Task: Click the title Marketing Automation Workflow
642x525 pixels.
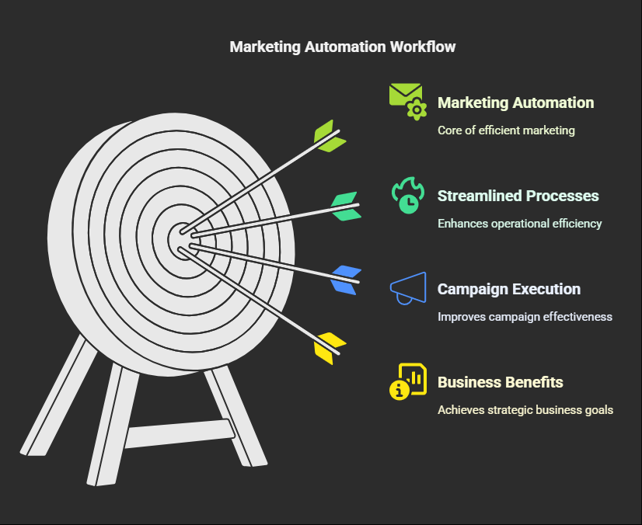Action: pos(342,47)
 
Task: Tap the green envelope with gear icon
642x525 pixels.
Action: pos(408,102)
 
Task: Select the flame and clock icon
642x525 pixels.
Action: pos(408,195)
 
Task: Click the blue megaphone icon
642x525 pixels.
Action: pos(408,288)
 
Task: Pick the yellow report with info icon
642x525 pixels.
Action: pos(408,381)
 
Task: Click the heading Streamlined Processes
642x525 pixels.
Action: pos(518,196)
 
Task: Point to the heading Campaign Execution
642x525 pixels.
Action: pos(509,290)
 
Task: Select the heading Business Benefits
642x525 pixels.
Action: pos(501,382)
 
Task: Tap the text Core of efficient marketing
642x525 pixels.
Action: pos(506,130)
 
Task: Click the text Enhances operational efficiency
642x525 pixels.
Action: pos(519,224)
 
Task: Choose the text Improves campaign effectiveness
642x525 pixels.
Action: pos(525,317)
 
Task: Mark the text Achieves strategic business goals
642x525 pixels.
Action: pos(525,410)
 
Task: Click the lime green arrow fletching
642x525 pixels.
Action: pos(330,136)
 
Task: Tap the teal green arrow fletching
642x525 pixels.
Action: pos(346,207)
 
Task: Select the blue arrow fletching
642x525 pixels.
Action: pos(346,280)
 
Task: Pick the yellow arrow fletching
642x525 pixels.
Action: pos(330,348)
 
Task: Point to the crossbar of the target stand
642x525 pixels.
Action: pos(180,433)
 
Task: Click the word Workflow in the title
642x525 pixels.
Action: pos(423,47)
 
